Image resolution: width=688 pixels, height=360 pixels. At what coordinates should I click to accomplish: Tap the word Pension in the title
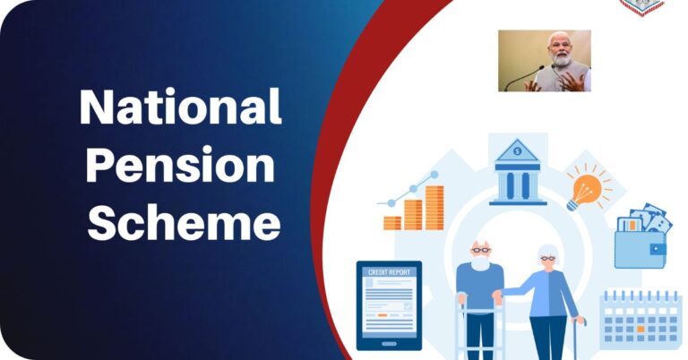click(x=180, y=167)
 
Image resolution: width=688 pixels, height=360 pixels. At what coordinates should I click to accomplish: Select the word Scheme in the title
click(x=184, y=224)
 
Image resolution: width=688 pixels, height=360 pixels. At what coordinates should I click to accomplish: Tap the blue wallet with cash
click(x=639, y=239)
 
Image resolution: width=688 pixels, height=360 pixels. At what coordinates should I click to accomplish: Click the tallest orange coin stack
click(x=434, y=207)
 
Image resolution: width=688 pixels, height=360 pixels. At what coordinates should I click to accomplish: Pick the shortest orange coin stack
click(x=391, y=222)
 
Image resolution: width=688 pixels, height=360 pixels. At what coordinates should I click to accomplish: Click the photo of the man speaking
click(x=544, y=61)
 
